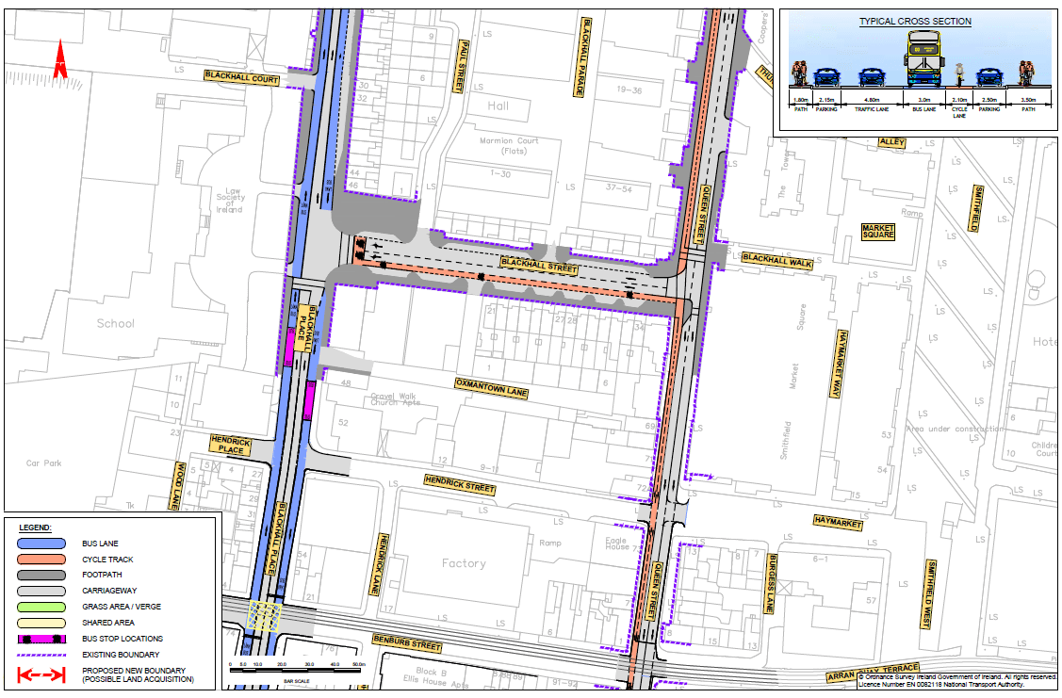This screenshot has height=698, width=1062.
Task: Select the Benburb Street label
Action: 407,647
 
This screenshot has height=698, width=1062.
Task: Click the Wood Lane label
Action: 176,484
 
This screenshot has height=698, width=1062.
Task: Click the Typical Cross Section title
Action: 915,22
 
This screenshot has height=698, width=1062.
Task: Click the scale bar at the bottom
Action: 297,667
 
